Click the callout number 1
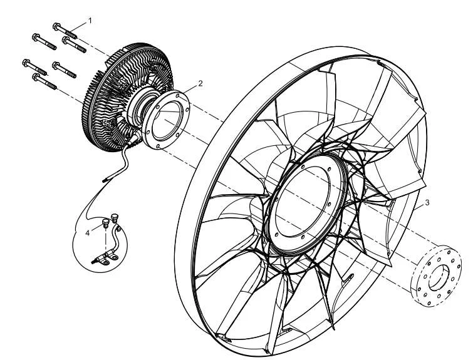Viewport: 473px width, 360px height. point(90,21)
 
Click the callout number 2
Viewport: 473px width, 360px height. point(200,83)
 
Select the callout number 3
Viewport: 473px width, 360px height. point(427,203)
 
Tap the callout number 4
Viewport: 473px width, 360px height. point(88,233)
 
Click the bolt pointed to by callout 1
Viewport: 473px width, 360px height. point(65,31)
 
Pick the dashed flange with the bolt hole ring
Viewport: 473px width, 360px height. point(436,276)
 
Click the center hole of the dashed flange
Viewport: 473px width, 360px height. point(439,278)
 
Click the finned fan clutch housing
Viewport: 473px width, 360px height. point(127,96)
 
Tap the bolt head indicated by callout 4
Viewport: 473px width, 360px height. point(105,224)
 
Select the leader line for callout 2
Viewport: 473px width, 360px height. point(190,89)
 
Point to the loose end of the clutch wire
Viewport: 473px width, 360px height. point(104,181)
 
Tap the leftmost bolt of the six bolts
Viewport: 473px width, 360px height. point(34,67)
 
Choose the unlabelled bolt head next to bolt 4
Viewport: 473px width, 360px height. point(115,218)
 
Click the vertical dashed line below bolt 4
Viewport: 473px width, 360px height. point(106,240)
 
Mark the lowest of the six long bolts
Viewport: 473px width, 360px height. point(44,81)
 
